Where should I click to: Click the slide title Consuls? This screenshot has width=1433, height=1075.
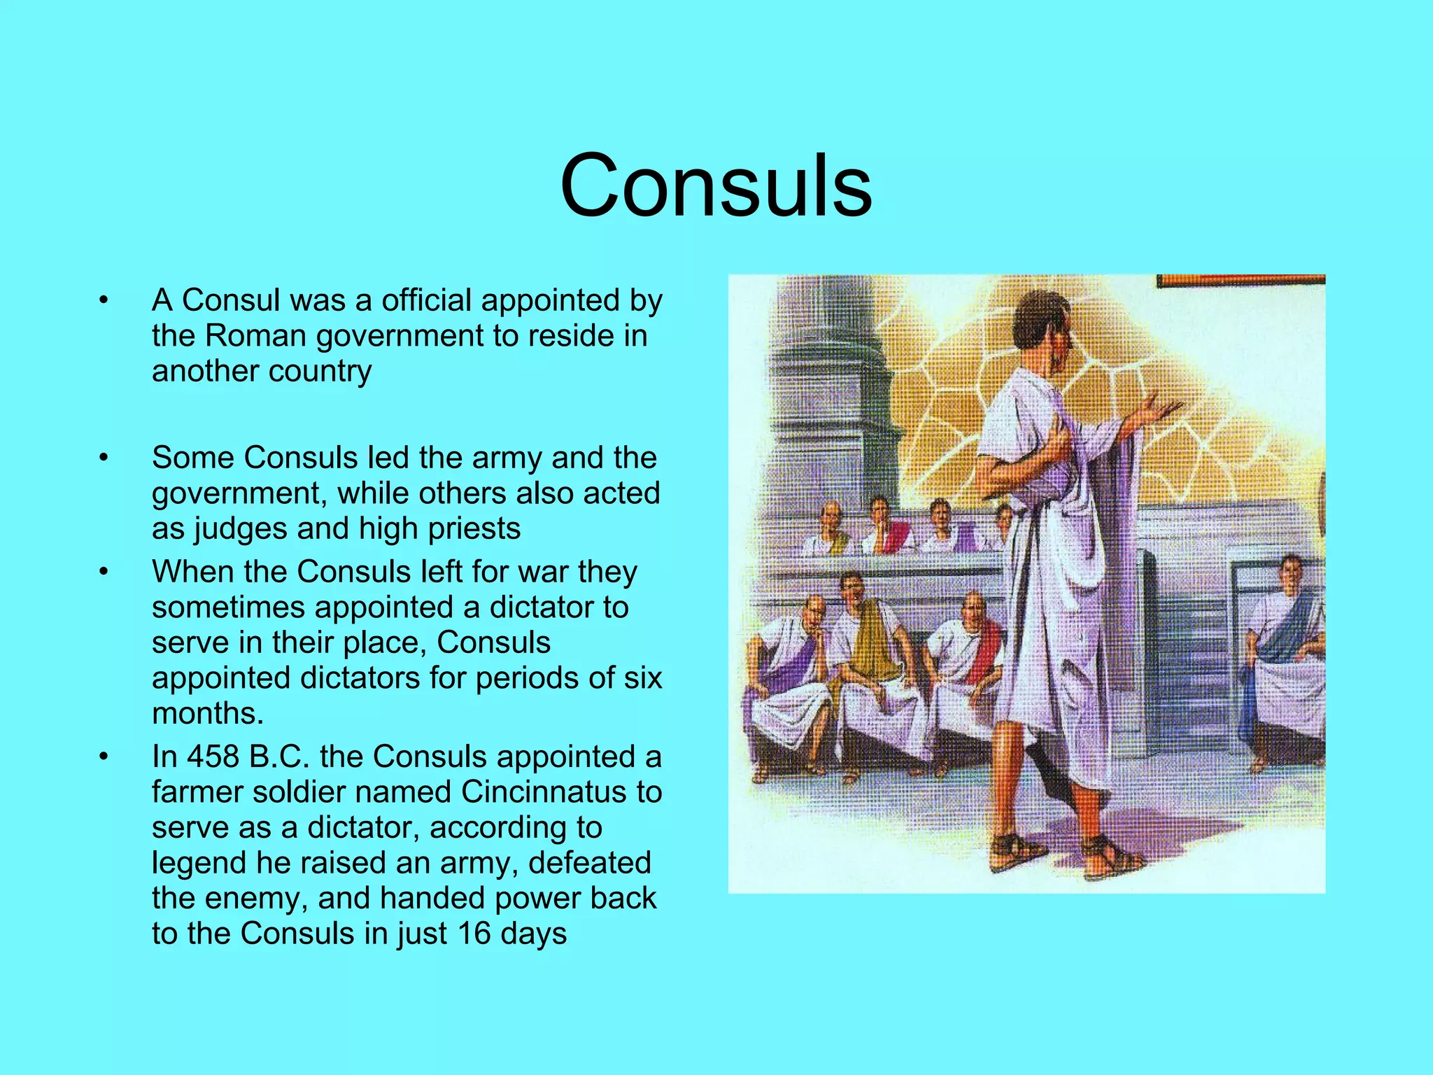[716, 186]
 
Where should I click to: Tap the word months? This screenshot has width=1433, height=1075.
[206, 714]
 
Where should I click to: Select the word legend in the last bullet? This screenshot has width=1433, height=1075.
[198, 863]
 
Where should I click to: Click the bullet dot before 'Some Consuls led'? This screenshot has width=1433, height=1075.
[104, 458]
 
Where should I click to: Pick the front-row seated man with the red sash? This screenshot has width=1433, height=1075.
[969, 658]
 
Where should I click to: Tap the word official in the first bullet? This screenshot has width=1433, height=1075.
[426, 300]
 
